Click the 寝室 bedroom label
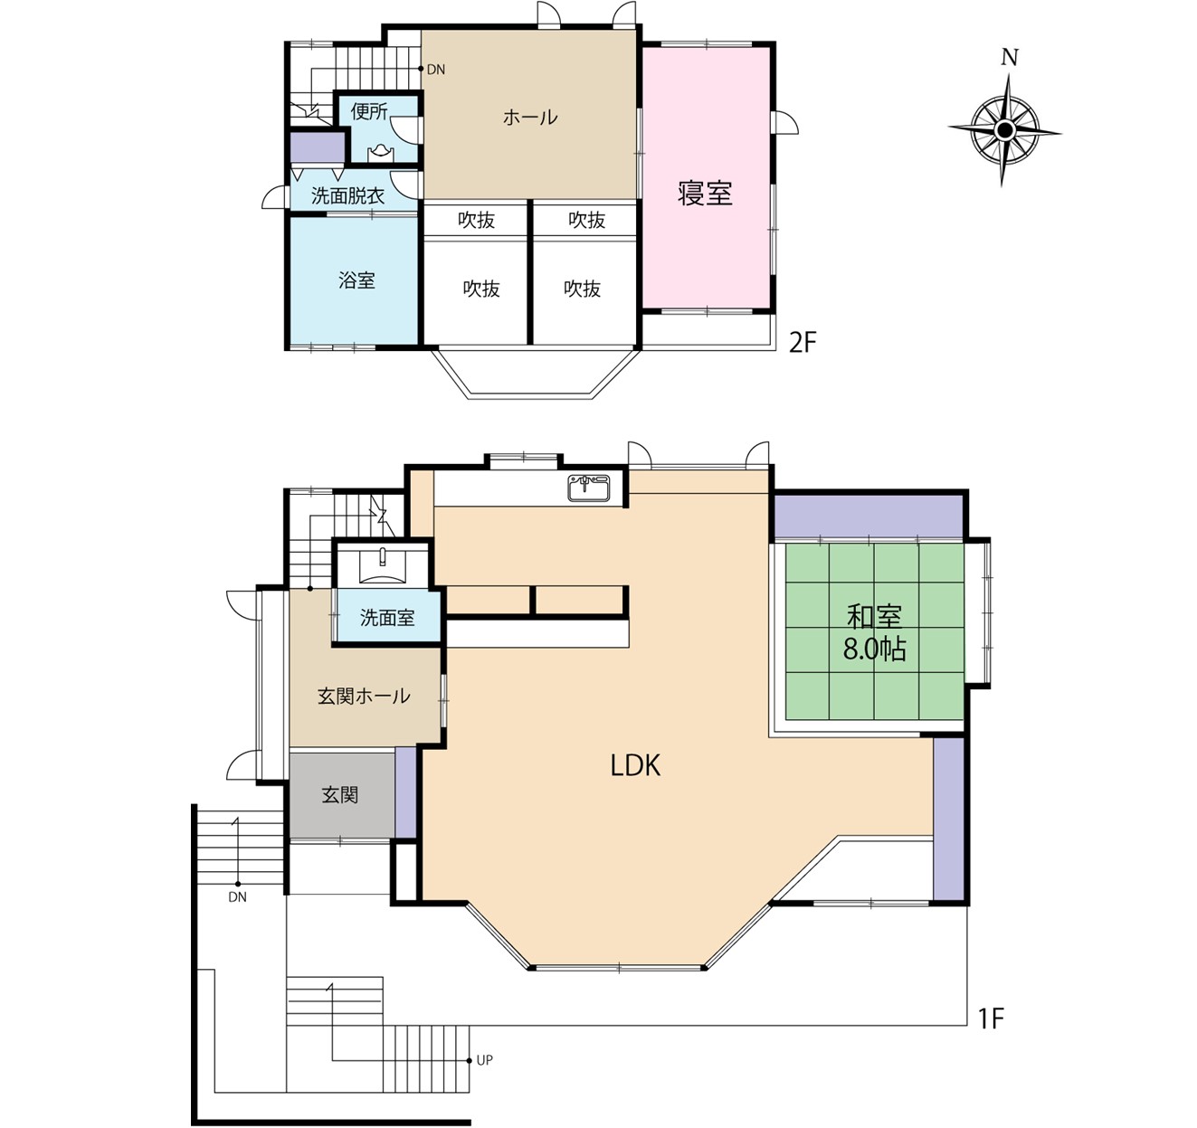[705, 194]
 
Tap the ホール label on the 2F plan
[530, 118]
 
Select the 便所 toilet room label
[369, 111]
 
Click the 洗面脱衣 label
[347, 196]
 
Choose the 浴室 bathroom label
[356, 280]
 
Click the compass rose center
[1004, 129]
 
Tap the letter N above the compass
[1010, 58]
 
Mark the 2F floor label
[803, 343]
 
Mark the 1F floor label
[991, 1019]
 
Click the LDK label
[635, 765]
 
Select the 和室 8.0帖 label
[874, 633]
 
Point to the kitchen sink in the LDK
[589, 488]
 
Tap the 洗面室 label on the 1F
[387, 618]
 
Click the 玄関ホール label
[364, 697]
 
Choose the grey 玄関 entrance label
[340, 795]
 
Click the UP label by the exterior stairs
[485, 1060]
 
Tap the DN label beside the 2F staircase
[436, 70]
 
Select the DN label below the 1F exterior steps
[237, 897]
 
